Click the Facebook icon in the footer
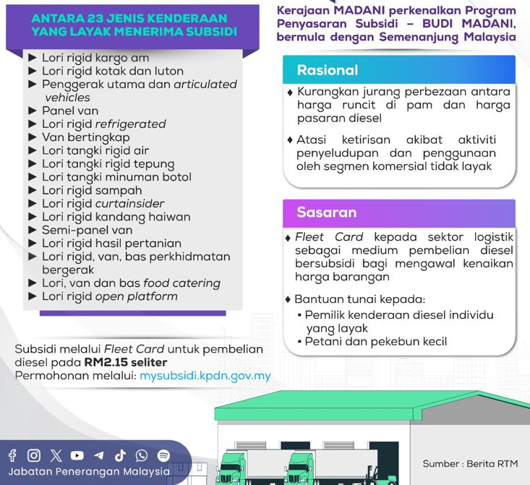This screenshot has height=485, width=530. tap(12, 455)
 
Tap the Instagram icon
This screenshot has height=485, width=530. tap(34, 455)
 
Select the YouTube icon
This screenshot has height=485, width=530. tap(77, 455)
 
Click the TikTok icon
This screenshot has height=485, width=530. tap(120, 455)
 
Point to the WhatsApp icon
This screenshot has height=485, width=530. tap(142, 455)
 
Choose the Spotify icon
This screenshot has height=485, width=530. tap(163, 455)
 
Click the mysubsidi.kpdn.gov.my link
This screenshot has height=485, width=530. tap(205, 376)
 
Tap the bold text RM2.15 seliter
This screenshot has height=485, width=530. tap(126, 362)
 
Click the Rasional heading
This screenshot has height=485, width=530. tap(328, 70)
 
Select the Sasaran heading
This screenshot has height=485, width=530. tap(327, 213)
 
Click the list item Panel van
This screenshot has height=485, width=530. tap(70, 111)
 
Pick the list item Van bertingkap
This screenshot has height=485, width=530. tap(86, 137)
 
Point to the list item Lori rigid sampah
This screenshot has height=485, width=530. tap(92, 191)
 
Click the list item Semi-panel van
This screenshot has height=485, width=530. tap(87, 230)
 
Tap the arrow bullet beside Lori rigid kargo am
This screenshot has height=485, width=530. tap(33, 57)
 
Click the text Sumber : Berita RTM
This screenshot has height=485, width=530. tap(470, 464)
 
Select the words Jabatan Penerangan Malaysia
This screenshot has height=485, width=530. tap(89, 471)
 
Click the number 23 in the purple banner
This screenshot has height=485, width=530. tap(95, 18)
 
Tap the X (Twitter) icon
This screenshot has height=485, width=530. tap(56, 455)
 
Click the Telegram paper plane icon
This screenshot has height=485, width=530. tap(99, 455)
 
